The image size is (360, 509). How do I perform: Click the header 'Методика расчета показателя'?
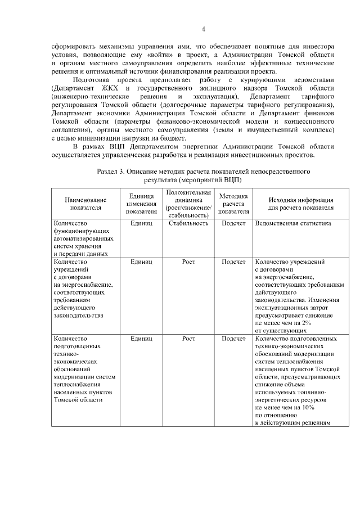tap(233, 204)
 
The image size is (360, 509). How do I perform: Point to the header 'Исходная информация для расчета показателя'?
tap(300, 204)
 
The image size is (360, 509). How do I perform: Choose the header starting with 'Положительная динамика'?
tap(188, 204)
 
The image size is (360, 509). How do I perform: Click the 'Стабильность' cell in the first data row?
tap(188, 224)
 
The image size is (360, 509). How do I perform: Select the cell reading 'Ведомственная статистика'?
tap(292, 224)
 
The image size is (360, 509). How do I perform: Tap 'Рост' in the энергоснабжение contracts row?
tap(188, 262)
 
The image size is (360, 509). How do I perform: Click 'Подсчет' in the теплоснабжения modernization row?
tap(233, 339)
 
